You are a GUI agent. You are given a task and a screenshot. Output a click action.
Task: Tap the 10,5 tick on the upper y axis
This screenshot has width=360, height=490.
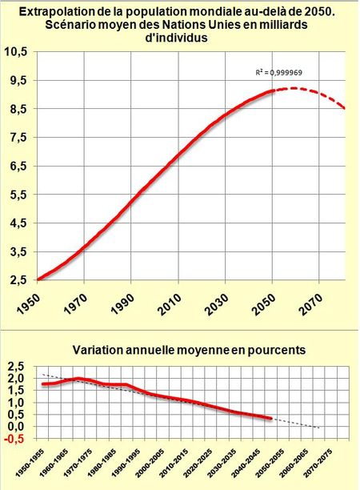(17, 51)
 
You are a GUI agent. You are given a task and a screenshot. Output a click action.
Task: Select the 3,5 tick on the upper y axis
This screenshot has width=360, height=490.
(18, 252)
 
